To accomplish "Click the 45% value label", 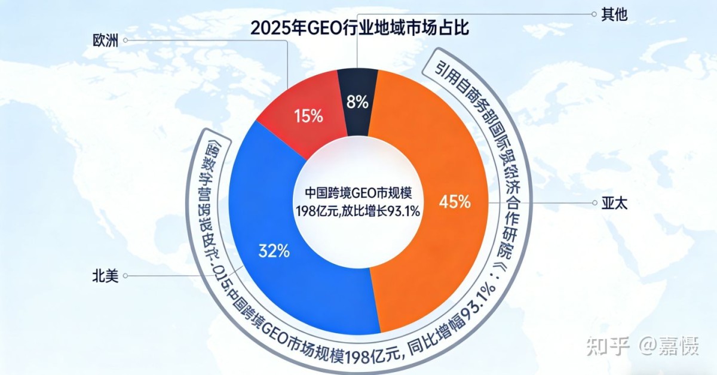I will [x=455, y=202].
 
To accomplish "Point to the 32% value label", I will [x=274, y=251].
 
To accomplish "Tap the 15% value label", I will [x=308, y=116].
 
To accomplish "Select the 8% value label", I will [x=357, y=102].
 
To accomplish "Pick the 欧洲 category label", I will [x=106, y=41].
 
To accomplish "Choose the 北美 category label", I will [x=105, y=276].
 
